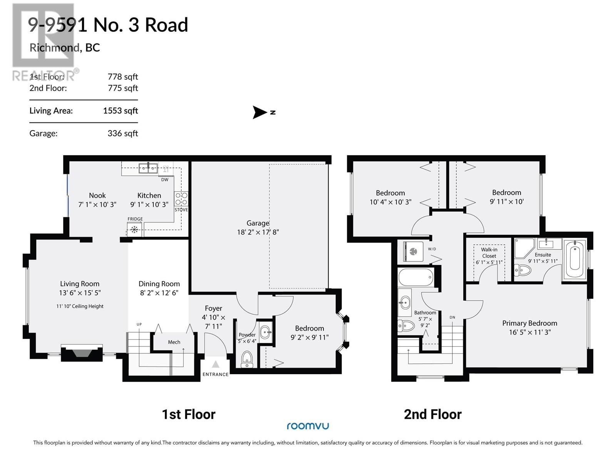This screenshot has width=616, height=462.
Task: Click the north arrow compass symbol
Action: (260, 112)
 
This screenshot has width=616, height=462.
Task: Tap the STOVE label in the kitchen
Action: (181, 210)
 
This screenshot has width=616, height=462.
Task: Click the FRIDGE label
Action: (135, 219)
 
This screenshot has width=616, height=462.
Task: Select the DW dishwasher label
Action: (165, 180)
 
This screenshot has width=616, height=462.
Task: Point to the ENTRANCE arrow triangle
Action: (216, 364)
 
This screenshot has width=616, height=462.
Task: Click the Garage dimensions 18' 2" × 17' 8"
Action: (258, 232)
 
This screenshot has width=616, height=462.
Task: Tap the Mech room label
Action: (174, 342)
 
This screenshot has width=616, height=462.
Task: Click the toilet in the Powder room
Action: (247, 359)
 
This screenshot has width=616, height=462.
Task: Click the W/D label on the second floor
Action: (432, 249)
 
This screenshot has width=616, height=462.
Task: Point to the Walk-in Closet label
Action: (489, 253)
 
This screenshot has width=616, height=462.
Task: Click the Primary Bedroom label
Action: (529, 323)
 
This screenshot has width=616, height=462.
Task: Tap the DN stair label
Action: (452, 317)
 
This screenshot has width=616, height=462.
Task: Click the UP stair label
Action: (139, 325)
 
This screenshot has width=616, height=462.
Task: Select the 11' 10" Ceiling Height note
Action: (80, 306)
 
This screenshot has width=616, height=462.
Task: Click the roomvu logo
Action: (308, 426)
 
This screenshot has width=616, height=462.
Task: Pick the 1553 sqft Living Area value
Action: (120, 111)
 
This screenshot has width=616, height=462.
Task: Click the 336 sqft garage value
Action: (122, 134)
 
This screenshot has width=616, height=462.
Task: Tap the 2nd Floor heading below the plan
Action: (432, 415)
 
